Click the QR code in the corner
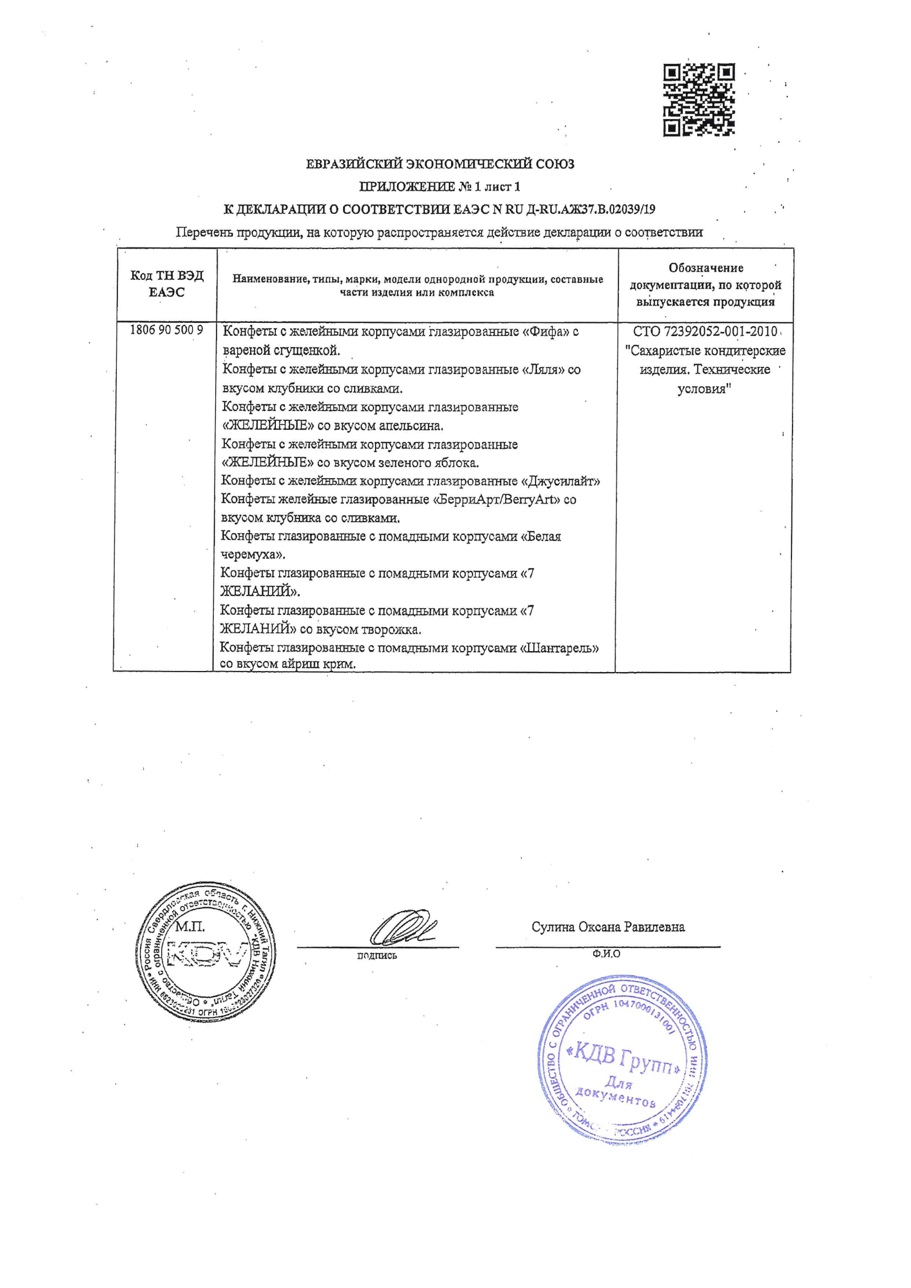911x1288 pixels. (x=698, y=100)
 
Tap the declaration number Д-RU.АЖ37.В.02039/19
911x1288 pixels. (x=590, y=210)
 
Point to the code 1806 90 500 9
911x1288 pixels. (x=166, y=330)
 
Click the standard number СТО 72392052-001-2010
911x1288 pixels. (x=704, y=332)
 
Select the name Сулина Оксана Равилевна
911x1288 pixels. (x=608, y=927)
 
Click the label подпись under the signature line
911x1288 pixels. (x=376, y=955)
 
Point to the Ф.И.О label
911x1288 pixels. (x=606, y=954)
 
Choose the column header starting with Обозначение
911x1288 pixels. (x=705, y=284)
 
